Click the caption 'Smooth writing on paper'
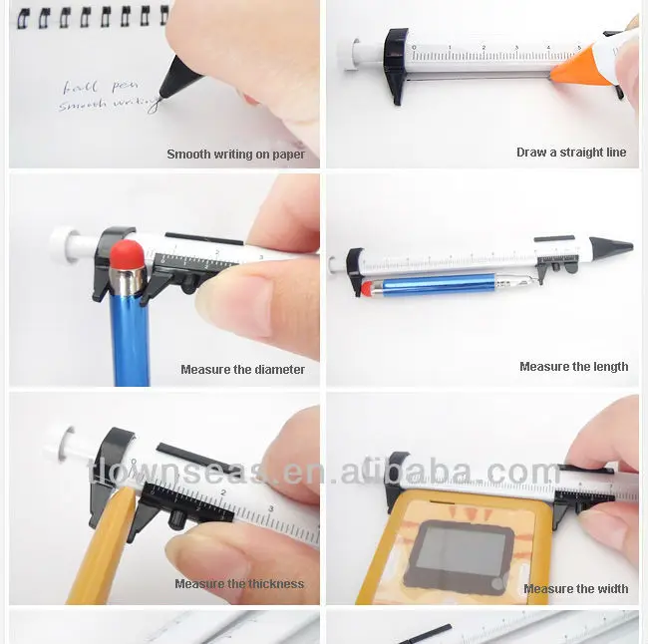[235, 155]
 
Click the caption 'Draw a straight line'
[571, 153]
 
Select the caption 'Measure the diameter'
[242, 370]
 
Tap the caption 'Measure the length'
[573, 367]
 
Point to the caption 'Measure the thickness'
[239, 584]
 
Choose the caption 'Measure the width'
[575, 589]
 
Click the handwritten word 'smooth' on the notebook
[84, 104]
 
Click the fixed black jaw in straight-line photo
[397, 65]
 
